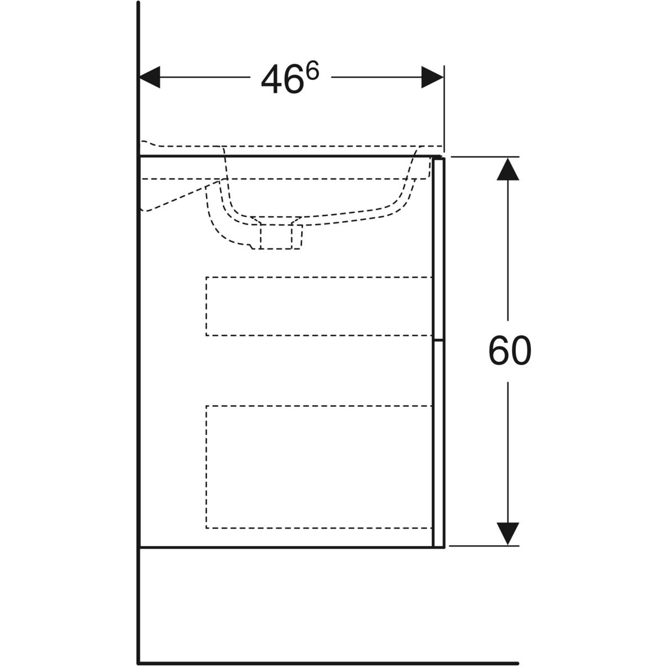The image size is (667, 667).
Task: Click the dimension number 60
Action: pos(509,351)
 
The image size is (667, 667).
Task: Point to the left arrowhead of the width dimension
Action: pos(150,77)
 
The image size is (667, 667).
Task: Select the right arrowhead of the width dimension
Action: pos(432,77)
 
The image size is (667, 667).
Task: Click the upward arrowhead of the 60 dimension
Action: pos(508,169)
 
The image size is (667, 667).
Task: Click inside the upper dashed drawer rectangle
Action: pos(319,306)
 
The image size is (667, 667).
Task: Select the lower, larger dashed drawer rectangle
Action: pos(319,467)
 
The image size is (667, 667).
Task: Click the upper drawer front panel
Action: pos(439,248)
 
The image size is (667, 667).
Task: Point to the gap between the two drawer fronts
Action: pos(439,340)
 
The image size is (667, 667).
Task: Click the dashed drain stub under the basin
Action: pos(280,237)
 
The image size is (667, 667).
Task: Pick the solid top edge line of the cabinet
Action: pos(290,156)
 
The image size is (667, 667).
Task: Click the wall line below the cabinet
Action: pos(138,604)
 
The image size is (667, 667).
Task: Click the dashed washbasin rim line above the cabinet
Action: pos(291,146)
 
